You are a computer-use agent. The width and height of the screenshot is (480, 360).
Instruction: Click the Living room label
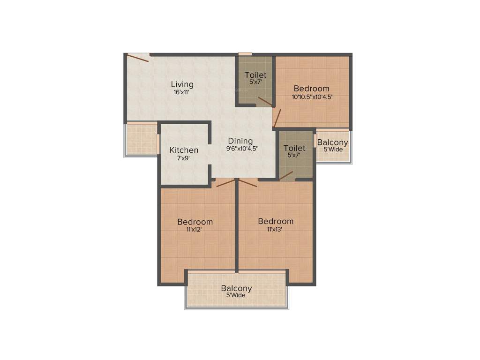tap(182, 84)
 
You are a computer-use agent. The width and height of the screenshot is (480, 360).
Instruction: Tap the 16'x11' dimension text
tap(182, 92)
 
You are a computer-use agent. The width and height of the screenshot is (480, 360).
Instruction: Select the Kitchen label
tap(184, 150)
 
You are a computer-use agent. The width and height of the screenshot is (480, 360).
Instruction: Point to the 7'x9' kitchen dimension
tap(184, 158)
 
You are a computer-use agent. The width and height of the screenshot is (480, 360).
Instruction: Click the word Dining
tap(240, 141)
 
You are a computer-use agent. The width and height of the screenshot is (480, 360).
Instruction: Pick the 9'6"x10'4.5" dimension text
tap(242, 149)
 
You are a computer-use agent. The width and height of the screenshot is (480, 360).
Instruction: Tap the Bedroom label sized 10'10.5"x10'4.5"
tap(311, 89)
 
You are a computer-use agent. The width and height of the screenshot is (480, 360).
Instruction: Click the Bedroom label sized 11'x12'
tap(195, 222)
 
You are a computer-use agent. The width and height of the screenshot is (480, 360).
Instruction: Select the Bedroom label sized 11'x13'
tap(276, 221)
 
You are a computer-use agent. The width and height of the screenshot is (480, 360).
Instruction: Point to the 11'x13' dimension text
tap(276, 229)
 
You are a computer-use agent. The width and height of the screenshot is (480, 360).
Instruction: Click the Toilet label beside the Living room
tap(255, 75)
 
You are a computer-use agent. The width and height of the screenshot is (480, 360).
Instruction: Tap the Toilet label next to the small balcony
tap(294, 148)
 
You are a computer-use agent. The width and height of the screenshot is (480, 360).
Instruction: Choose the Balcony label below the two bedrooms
tap(237, 288)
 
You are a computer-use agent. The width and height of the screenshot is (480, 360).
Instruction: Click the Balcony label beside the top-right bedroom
tap(333, 142)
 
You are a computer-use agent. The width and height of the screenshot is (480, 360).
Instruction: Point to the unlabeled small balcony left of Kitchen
tap(142, 139)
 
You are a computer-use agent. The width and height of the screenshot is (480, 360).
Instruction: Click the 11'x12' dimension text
tap(195, 230)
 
